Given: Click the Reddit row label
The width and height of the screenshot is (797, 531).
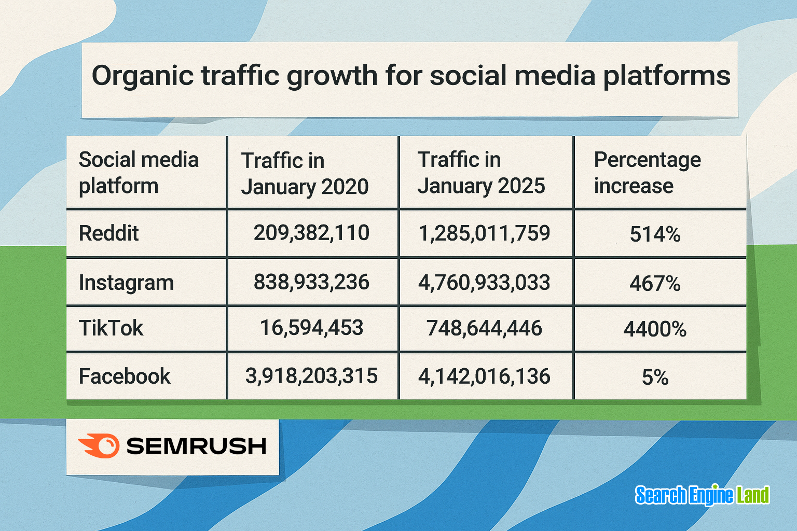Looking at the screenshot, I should (x=108, y=233).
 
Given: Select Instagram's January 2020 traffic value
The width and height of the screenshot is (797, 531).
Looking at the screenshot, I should (x=311, y=282).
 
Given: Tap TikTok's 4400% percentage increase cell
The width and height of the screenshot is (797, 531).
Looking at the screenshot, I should (x=655, y=329).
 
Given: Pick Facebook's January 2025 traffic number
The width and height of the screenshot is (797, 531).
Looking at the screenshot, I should (x=484, y=376).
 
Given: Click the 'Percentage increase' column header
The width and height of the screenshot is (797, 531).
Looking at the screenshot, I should (x=647, y=173).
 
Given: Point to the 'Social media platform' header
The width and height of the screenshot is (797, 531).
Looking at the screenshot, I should (x=139, y=173).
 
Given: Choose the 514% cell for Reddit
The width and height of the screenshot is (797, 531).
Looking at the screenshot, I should (x=655, y=234).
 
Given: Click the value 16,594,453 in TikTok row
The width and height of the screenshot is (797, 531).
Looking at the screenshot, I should (x=311, y=328).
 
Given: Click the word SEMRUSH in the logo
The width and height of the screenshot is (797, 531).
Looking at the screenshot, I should (x=196, y=446).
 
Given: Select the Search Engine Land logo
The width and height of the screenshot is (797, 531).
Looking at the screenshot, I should (x=702, y=495).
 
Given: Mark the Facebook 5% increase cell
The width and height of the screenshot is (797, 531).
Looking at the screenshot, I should (x=655, y=378).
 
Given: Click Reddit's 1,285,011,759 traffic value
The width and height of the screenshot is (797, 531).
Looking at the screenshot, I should (x=484, y=233).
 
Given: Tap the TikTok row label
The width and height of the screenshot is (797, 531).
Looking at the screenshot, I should (x=111, y=328).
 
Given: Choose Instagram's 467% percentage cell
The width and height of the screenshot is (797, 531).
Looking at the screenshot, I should (x=655, y=284).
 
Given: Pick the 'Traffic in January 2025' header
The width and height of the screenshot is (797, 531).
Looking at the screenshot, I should (x=481, y=173).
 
